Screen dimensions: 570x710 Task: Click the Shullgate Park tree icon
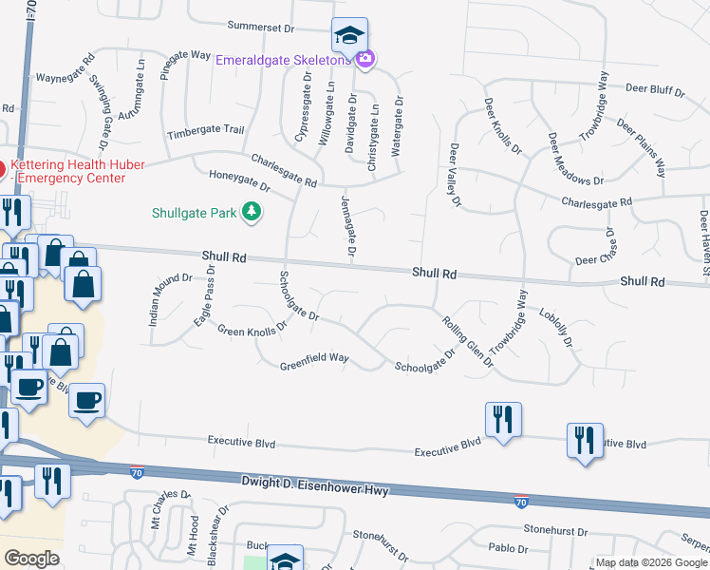click(252, 212)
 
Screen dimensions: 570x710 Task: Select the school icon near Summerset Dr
click(349, 36)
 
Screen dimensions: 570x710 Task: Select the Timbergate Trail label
click(206, 131)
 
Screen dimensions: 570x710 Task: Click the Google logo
click(31, 558)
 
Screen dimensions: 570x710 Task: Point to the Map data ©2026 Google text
click(650, 562)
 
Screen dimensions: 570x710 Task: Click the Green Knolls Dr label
click(252, 330)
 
